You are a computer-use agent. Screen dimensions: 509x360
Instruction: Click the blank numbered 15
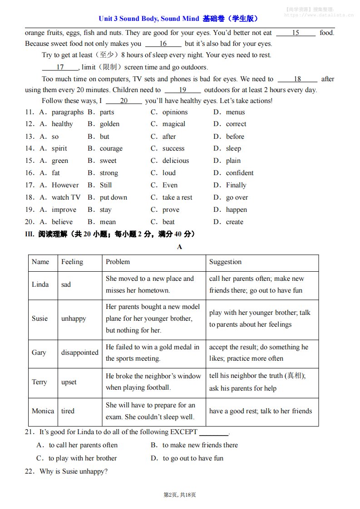pyautogui.click(x=296, y=33)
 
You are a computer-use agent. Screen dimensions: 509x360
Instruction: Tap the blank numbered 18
pyautogui.click(x=297, y=79)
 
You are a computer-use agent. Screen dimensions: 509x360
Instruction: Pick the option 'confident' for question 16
pyautogui.click(x=240, y=173)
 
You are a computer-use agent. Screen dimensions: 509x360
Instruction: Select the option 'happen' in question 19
pyautogui.click(x=237, y=210)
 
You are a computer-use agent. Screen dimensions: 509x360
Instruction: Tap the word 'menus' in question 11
pyautogui.click(x=235, y=112)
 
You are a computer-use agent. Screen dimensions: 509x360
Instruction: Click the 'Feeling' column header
pyautogui.click(x=72, y=262)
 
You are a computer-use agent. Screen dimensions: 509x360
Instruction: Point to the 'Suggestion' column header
pyautogui.click(x=225, y=262)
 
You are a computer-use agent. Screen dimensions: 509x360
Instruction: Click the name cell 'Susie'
pyautogui.click(x=39, y=318)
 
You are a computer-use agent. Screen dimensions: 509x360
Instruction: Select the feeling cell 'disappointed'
pyautogui.click(x=79, y=352)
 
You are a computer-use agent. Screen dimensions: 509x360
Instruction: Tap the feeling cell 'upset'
pyautogui.click(x=69, y=382)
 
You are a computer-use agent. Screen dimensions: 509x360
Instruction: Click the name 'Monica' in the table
pyautogui.click(x=43, y=411)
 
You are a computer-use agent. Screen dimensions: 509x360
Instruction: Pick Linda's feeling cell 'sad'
pyautogui.click(x=66, y=284)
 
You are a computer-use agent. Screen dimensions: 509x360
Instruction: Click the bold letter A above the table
pyautogui.click(x=180, y=247)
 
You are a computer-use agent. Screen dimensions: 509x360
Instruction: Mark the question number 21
pyautogui.click(x=30, y=432)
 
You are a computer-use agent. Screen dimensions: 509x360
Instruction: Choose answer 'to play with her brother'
pyautogui.click(x=83, y=458)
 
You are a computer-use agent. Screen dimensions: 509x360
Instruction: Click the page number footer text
pyautogui.click(x=180, y=494)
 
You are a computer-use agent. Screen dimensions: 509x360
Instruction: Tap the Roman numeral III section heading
pyautogui.click(x=110, y=234)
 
